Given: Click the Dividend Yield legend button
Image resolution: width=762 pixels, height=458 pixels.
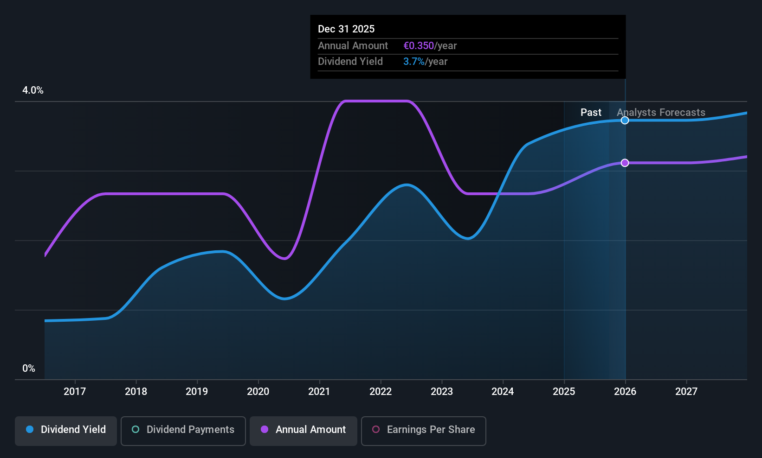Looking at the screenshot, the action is click(x=65, y=431).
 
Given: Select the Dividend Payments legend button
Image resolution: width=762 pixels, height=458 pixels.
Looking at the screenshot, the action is click(x=183, y=431).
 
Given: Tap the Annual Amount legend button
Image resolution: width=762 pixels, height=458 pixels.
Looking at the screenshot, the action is click(x=304, y=431).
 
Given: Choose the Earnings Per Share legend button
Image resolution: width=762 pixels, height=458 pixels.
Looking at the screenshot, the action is click(x=424, y=431).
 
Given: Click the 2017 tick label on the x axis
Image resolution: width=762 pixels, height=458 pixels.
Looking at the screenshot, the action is click(x=75, y=391).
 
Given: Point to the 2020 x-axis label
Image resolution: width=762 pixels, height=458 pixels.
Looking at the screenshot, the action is click(x=258, y=391).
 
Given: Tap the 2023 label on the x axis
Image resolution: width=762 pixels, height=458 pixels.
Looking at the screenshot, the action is click(x=441, y=391).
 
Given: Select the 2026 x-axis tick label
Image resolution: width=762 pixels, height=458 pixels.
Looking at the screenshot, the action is click(x=625, y=391).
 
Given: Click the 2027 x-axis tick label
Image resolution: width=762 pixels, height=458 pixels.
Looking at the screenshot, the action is click(x=686, y=391).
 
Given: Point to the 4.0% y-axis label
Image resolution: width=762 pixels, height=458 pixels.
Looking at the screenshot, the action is click(x=33, y=90).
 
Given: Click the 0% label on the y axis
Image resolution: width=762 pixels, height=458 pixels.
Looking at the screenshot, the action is click(x=29, y=369).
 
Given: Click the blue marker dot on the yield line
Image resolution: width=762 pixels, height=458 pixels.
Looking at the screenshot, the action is click(x=625, y=120).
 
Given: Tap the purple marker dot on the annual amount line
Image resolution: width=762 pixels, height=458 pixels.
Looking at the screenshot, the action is click(x=625, y=163).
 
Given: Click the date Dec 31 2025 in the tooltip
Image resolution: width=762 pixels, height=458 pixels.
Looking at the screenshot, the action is click(x=346, y=29).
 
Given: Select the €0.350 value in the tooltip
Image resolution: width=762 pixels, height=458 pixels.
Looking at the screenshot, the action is click(x=419, y=45).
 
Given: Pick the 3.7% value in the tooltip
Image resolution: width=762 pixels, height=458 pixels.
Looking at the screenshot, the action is click(x=413, y=62).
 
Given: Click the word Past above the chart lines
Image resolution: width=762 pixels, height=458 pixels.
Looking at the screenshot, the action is click(x=591, y=113).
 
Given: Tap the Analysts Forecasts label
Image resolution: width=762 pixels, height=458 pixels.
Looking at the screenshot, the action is click(x=661, y=113).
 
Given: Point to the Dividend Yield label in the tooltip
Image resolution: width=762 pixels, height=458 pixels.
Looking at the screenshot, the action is click(x=350, y=62).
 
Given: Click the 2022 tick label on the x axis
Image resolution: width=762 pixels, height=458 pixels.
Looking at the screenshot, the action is click(x=381, y=391).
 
